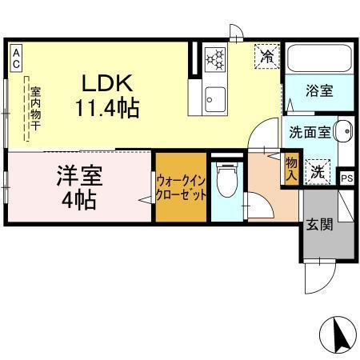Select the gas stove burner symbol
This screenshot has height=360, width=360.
215,58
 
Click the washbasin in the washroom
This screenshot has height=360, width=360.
343,130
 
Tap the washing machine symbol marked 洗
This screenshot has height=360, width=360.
318,170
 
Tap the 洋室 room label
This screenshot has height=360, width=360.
78,174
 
